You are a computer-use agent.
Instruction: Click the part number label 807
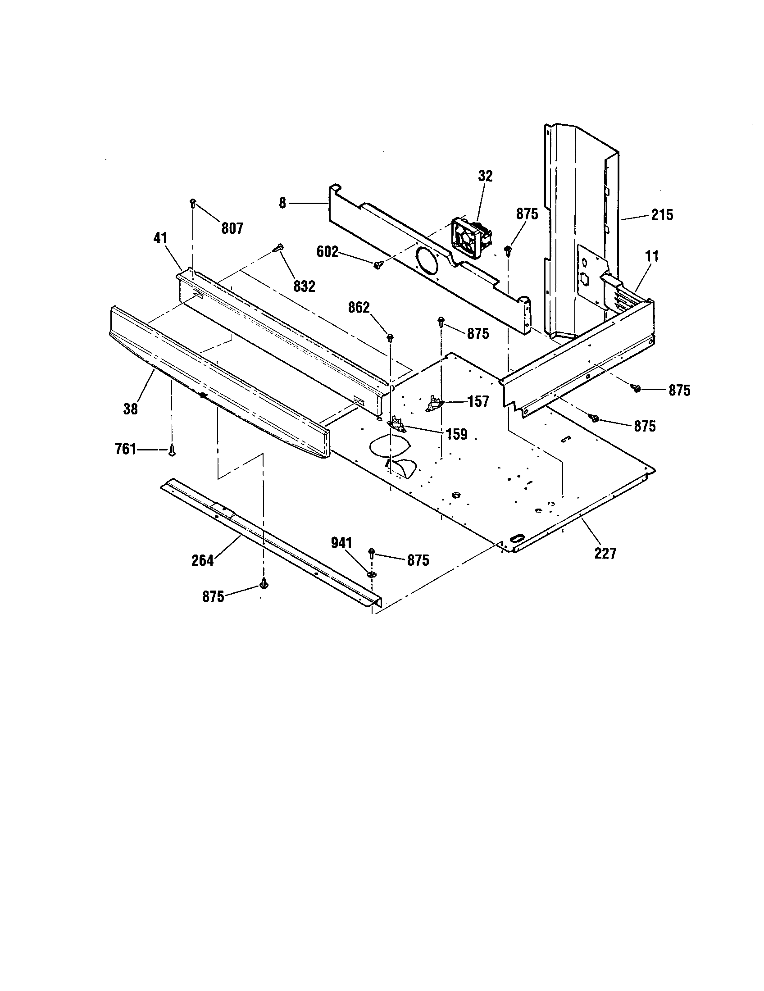tap(232, 228)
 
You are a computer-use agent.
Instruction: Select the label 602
tap(327, 252)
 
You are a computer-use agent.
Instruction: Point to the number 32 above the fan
tap(485, 176)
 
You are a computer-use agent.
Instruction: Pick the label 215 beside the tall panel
tap(662, 214)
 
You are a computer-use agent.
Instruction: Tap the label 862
tap(359, 308)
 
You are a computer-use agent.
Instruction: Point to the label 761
tap(125, 449)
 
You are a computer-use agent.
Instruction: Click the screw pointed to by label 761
tap(172, 450)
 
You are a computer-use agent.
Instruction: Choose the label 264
tap(202, 561)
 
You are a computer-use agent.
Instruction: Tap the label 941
tap(341, 543)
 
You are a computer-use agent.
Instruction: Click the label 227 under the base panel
tap(605, 553)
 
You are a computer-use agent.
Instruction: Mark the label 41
tap(161, 238)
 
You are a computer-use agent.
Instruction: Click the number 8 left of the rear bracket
tap(282, 203)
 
